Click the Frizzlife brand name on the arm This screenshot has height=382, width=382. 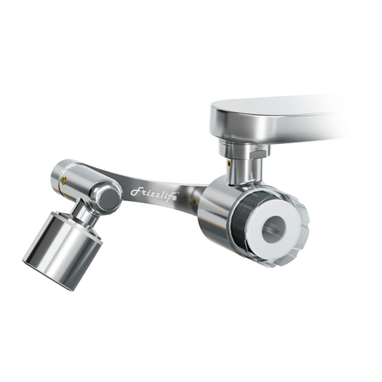click(155, 194)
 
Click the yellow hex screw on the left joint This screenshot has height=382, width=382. click(64, 181)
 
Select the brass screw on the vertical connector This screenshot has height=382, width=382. click(229, 163)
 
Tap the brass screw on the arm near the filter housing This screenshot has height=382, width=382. click(194, 201)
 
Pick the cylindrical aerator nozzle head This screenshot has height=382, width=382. click(63, 251)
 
